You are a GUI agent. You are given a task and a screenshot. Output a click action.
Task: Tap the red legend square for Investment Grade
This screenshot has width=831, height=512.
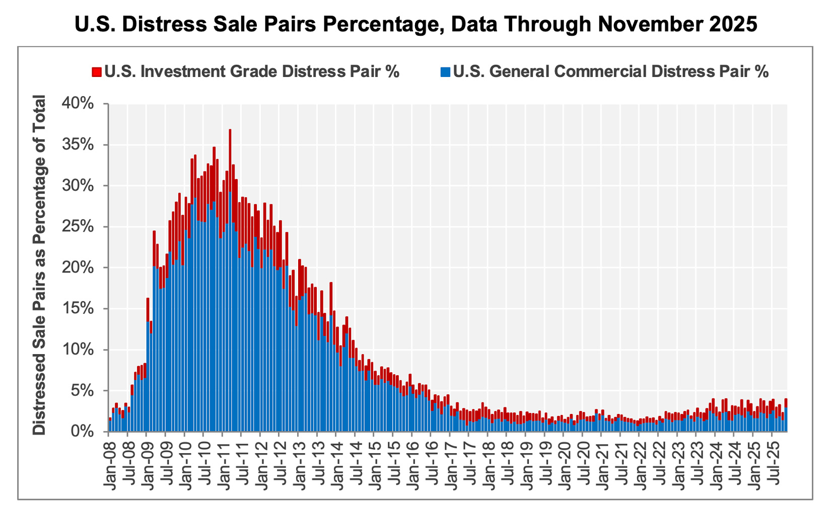click(96, 72)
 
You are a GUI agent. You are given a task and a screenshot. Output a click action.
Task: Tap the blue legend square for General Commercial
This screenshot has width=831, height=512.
click(445, 72)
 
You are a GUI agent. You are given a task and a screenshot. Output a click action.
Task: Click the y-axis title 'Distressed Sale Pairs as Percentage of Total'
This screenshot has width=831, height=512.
click(39, 265)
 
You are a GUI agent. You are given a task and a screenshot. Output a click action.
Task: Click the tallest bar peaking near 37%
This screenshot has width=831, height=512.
click(230, 282)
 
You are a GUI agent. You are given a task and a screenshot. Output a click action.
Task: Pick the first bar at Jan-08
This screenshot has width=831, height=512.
click(110, 425)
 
